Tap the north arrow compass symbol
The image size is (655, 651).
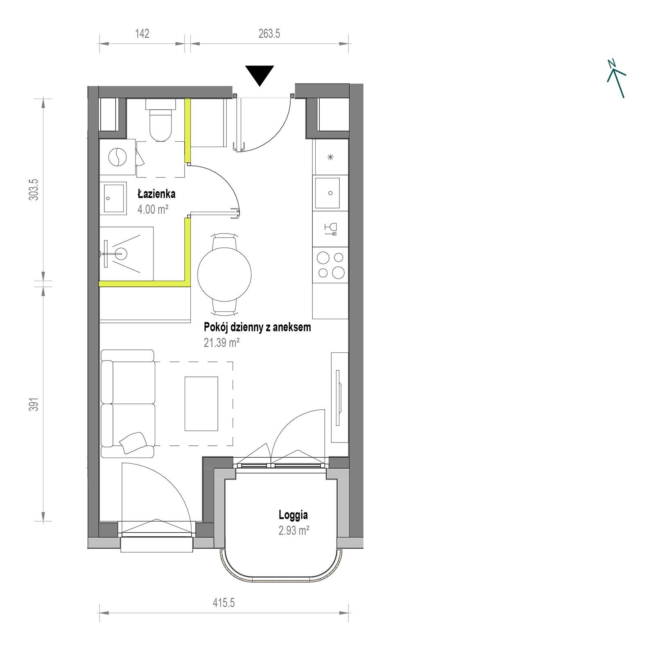click(x=616, y=79)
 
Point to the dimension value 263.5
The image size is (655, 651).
click(x=269, y=34)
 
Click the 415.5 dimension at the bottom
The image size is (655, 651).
click(x=224, y=603)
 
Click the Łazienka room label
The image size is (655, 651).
click(x=156, y=194)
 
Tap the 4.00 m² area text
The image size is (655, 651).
click(x=153, y=210)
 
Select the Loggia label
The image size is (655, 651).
click(x=293, y=515)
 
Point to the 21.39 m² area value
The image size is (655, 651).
click(x=221, y=343)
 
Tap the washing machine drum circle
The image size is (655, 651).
click(x=118, y=157)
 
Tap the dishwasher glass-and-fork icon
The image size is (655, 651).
click(x=330, y=229)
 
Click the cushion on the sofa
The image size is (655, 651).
click(x=133, y=442)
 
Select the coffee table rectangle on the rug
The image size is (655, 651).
click(x=201, y=404)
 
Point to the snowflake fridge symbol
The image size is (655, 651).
click(x=330, y=157)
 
